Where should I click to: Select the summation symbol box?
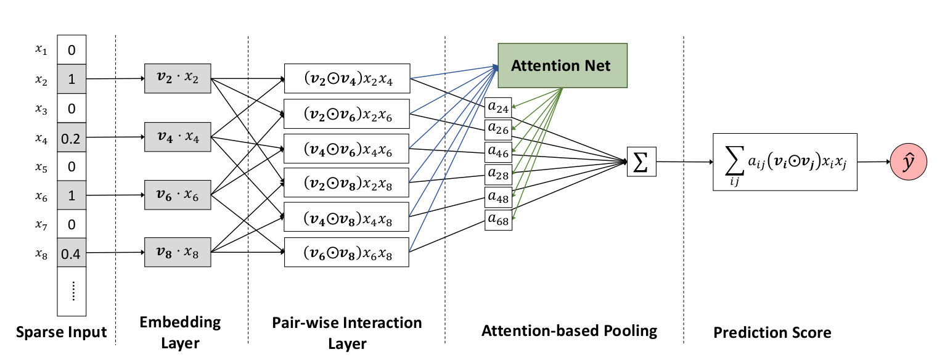coord(641,162)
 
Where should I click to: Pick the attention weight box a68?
coord(498,220)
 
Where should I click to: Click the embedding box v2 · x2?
coord(178,78)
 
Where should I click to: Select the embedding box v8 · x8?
coord(178,252)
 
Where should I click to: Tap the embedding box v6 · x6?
coord(178,195)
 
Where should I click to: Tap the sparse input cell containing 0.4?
coord(71,253)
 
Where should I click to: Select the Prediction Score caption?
coord(772,333)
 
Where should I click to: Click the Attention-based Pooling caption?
coord(569,331)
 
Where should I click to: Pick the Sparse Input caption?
coord(60,333)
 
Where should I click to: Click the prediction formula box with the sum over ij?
coord(785,162)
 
